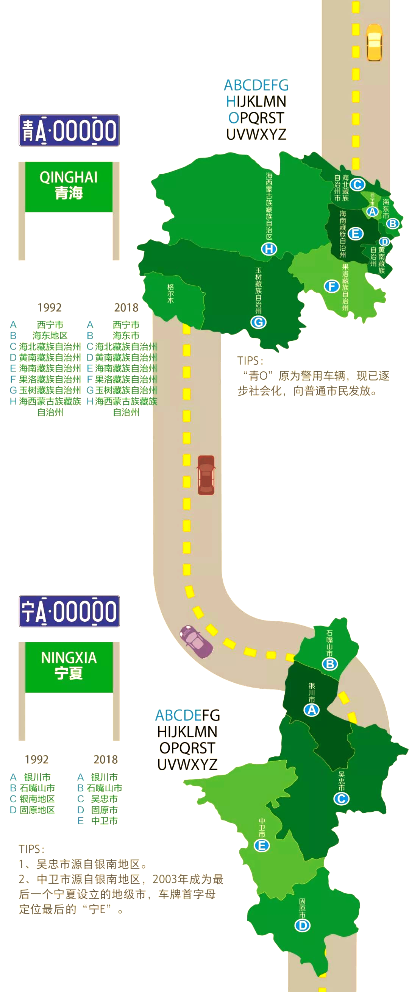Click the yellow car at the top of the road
pos(374,42)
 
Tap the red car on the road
pos(206,475)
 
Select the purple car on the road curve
pos(197,641)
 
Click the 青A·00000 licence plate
pos(69,130)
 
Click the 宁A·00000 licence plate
pos(69,611)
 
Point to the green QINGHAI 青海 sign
pos(69,187)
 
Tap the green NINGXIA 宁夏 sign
pos(69,668)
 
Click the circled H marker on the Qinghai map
pos(269,249)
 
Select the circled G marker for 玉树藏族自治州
pos(258,322)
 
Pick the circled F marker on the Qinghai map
pos(331,286)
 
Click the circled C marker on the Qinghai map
pos(357,184)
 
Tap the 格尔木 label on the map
pos(170,293)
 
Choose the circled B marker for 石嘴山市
pos(330,663)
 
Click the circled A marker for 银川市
pos(312,710)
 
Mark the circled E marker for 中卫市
pos(262,845)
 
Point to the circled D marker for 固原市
pos(302,925)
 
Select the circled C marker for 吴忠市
pos(341,799)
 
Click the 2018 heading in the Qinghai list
pos(126,307)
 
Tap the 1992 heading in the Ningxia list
pos(37,760)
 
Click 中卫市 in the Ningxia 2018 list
pos(104,820)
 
